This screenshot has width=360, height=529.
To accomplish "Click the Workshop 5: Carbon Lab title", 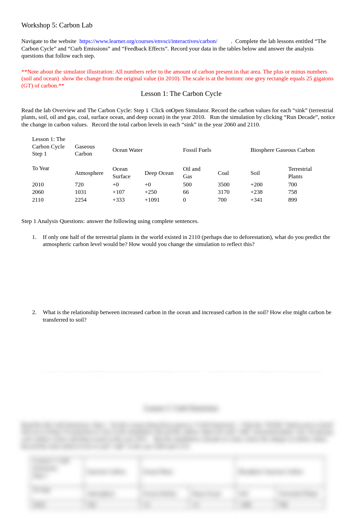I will tap(57, 25).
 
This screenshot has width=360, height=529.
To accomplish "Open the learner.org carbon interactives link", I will tap(148, 41).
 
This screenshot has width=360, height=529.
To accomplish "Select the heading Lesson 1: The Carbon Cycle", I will tap(181, 94).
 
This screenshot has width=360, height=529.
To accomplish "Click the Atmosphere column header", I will tap(89, 173).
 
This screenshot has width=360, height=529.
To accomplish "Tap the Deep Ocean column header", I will tap(159, 173).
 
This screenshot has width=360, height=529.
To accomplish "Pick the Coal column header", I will tap(223, 173).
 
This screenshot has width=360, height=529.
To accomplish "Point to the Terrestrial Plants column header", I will tap(300, 173).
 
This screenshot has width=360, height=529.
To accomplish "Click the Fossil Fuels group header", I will tap(197, 150).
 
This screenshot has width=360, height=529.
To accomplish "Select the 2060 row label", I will tap(38, 192).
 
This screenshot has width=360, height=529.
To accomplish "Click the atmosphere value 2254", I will tap(81, 200).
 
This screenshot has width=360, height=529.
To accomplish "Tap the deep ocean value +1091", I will tap(152, 200).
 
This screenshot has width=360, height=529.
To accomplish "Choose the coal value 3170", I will tap(223, 192).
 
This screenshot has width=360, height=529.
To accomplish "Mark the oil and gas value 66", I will tap(186, 192).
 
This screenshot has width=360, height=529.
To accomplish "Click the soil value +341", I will tap(256, 200).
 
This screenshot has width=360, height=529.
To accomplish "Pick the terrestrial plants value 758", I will tap(292, 192).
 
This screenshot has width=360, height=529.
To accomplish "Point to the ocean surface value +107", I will tap(119, 192).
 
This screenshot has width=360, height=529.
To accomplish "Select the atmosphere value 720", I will tap(79, 185).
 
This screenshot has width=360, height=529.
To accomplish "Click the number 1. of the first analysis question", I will tap(34, 237).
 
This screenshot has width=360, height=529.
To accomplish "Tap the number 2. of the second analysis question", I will tap(34, 312).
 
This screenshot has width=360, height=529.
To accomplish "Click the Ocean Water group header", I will tap(127, 150).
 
